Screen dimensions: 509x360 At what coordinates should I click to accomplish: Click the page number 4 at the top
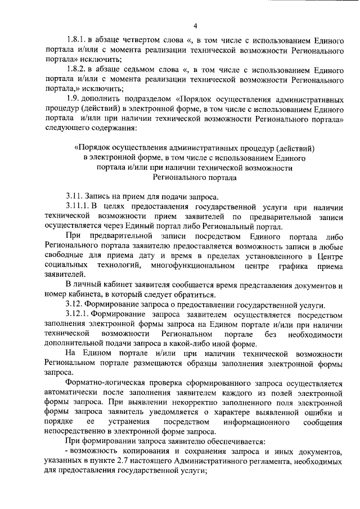[x=195, y=26]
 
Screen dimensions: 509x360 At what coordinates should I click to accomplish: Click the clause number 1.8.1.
[x=76, y=40]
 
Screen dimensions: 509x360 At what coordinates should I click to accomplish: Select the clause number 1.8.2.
[x=76, y=68]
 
